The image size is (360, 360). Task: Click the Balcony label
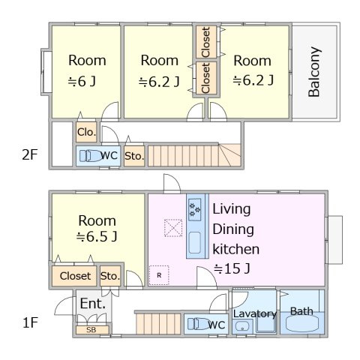(x=314, y=72)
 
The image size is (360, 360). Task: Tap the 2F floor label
(x=30, y=154)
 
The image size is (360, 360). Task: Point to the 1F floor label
(x=30, y=322)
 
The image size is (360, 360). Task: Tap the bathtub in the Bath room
(x=302, y=324)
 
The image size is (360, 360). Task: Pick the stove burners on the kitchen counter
(x=195, y=209)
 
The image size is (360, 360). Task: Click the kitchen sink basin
(x=195, y=243)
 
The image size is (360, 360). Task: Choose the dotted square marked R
(x=159, y=275)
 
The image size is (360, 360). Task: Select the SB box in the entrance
(x=92, y=330)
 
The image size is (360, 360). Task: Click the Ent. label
(x=92, y=304)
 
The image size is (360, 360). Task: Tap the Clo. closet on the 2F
(x=86, y=132)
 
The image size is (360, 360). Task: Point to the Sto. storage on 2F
(x=134, y=156)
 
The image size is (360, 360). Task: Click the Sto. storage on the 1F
(x=110, y=276)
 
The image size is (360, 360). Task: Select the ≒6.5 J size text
(x=97, y=236)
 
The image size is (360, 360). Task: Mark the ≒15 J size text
(x=232, y=268)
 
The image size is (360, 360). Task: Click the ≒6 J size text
(x=82, y=81)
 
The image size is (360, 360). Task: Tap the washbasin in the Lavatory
(x=241, y=326)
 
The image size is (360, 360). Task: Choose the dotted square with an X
(x=173, y=228)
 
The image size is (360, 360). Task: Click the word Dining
(x=233, y=229)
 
